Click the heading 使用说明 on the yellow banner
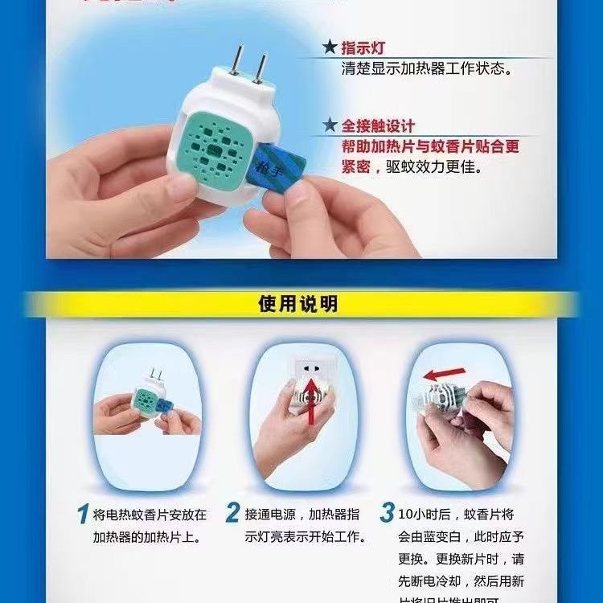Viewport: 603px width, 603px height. pyautogui.click(x=297, y=305)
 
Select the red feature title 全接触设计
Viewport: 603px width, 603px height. pyautogui.click(x=379, y=126)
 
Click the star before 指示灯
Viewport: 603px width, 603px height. pyautogui.click(x=329, y=48)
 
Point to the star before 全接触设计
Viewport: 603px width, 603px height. pyautogui.click(x=329, y=126)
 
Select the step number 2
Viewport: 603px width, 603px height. pyautogui.click(x=232, y=513)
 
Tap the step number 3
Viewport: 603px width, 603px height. pyautogui.click(x=387, y=513)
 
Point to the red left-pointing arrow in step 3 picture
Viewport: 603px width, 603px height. pyautogui.click(x=444, y=372)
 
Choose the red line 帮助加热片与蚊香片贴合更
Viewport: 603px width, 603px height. pyautogui.click(x=429, y=148)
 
